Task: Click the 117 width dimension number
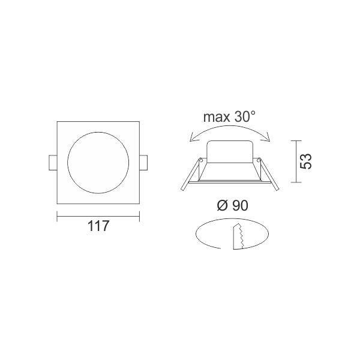tap(98, 226)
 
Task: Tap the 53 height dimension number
tap(306, 161)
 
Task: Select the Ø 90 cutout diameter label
tap(233, 205)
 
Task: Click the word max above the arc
tap(217, 117)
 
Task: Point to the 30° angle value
tap(245, 116)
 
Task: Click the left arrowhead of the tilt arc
tap(193, 138)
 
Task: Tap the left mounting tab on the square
tap(53, 163)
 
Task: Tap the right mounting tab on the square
tap(143, 163)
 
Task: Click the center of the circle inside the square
tap(98, 163)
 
